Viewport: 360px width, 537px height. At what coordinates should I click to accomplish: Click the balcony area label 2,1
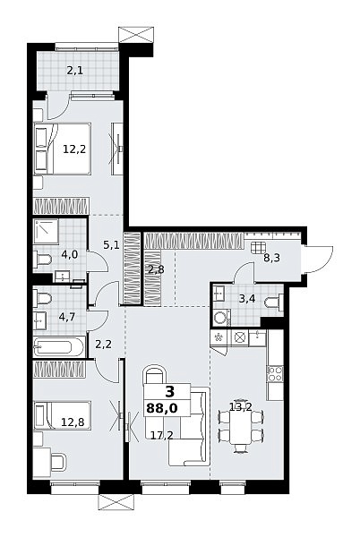coord(75,71)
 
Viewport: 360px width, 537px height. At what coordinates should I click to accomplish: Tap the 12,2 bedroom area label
coord(74,149)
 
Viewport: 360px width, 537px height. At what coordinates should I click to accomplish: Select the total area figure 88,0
coord(162,408)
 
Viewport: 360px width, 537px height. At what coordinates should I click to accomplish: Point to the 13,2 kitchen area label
coord(241,407)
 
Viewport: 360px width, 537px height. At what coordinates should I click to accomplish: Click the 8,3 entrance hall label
coord(271,258)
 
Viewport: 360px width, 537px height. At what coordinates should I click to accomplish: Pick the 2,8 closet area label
coord(156,269)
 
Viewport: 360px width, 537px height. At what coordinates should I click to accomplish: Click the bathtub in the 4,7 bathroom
coord(59,347)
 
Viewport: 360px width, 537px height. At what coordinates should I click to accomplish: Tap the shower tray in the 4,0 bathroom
coord(46,231)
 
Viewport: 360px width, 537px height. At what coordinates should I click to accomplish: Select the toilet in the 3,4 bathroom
coord(275,303)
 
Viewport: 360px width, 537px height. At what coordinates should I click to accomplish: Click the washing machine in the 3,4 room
coord(221,318)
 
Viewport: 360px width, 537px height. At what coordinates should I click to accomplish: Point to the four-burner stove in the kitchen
coord(275,373)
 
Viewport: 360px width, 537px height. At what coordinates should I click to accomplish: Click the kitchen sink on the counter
coord(258,338)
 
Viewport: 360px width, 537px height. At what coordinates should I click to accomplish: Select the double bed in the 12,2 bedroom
coord(63,149)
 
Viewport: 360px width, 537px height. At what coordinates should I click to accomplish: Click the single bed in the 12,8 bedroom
coord(63,415)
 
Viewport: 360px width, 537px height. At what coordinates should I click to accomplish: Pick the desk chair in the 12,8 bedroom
coord(58,462)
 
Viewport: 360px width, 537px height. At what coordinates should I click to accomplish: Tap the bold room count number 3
coord(169,391)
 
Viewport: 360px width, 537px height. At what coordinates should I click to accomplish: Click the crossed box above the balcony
coord(135,36)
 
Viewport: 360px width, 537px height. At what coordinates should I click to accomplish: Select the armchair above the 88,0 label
coord(154,375)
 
